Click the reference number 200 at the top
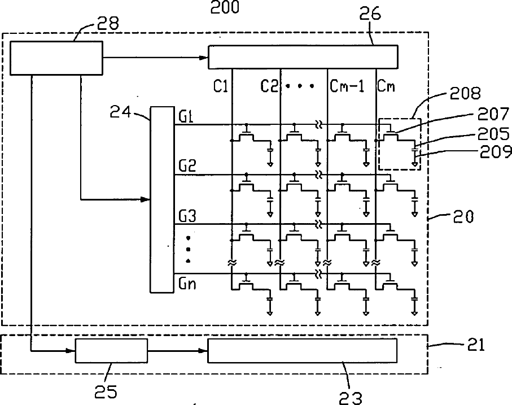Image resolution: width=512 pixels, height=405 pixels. [x=225, y=7]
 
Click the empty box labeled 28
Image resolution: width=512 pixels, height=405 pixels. [x=56, y=58]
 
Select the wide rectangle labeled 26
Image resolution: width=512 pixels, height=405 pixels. [x=303, y=57]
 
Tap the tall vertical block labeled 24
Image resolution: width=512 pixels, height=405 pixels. [x=162, y=199]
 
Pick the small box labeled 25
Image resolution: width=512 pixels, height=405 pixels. [x=111, y=351]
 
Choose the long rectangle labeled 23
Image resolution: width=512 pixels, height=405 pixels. [x=303, y=351]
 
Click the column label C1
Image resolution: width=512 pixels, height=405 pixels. [x=220, y=86]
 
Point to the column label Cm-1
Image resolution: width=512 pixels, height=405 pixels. [x=347, y=86]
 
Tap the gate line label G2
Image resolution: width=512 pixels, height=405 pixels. [x=187, y=166]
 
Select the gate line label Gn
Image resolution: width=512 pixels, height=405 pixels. [x=187, y=284]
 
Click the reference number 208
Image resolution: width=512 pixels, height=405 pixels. [x=465, y=93]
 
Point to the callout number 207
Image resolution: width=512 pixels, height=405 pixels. [x=493, y=114]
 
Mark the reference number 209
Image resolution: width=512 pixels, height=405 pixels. [x=495, y=152]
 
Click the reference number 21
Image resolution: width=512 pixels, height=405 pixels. [x=476, y=345]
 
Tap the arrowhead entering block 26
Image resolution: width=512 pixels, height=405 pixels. [x=204, y=58]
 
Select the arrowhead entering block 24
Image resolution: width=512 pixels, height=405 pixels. [x=145, y=199]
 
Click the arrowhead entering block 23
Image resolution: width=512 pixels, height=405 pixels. [x=203, y=351]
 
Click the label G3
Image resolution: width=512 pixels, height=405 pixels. [x=187, y=216]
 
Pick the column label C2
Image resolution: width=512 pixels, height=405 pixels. [x=269, y=86]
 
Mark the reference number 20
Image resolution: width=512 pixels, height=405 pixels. [x=463, y=217]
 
